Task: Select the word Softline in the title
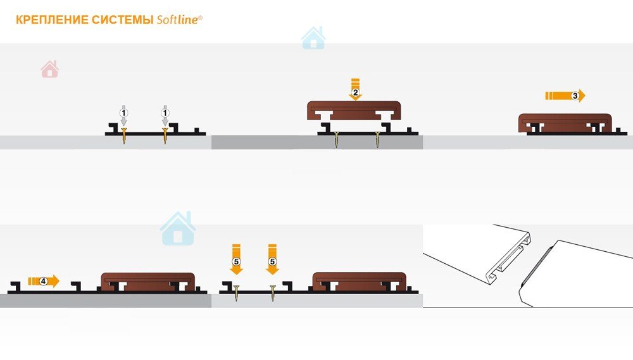pyautogui.click(x=178, y=20)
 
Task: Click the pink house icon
pyautogui.click(x=49, y=69)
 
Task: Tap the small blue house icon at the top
pyautogui.click(x=313, y=39)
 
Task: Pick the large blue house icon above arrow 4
pyautogui.click(x=178, y=229)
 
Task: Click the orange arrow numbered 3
pyautogui.click(x=565, y=96)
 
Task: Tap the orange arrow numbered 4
pyautogui.click(x=44, y=281)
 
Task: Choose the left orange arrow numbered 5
pyautogui.click(x=236, y=259)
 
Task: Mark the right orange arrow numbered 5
pyautogui.click(x=272, y=259)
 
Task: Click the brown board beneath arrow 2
pyautogui.click(x=354, y=110)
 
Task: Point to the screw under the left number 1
pyautogui.click(x=124, y=136)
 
